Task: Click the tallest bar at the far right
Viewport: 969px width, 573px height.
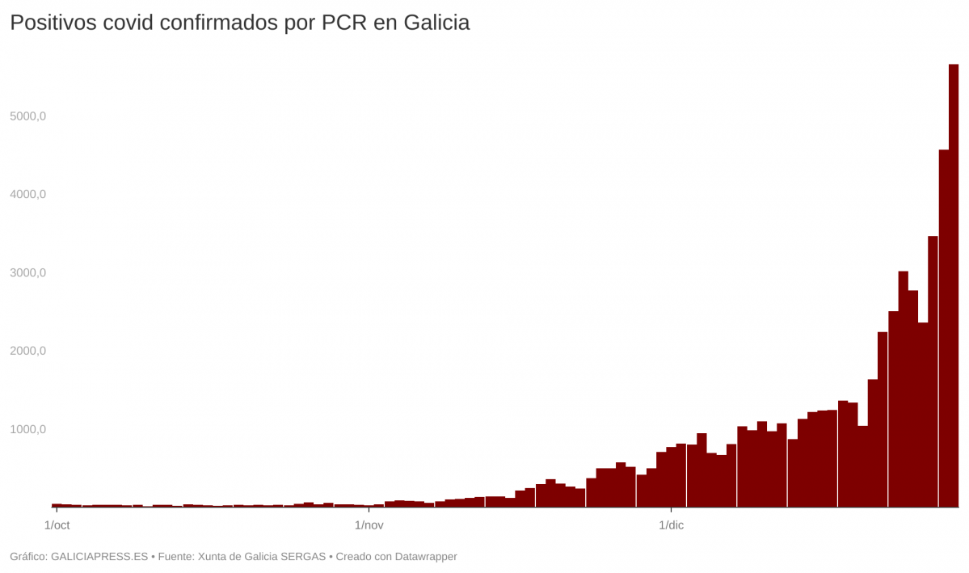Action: (954, 283)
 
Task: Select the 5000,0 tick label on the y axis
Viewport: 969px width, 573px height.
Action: (28, 116)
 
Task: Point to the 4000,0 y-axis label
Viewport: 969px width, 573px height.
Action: (28, 195)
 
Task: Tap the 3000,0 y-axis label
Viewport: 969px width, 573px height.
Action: (28, 273)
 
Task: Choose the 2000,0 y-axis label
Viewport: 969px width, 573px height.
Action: (28, 352)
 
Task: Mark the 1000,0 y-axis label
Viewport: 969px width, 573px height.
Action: (28, 430)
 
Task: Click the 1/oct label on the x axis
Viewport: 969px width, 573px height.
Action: (57, 526)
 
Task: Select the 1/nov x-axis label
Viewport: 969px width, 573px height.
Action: (369, 526)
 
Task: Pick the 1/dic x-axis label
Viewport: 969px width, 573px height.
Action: (671, 526)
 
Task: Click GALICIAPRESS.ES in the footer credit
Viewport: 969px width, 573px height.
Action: (99, 557)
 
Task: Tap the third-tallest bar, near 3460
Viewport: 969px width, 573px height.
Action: (933, 372)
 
